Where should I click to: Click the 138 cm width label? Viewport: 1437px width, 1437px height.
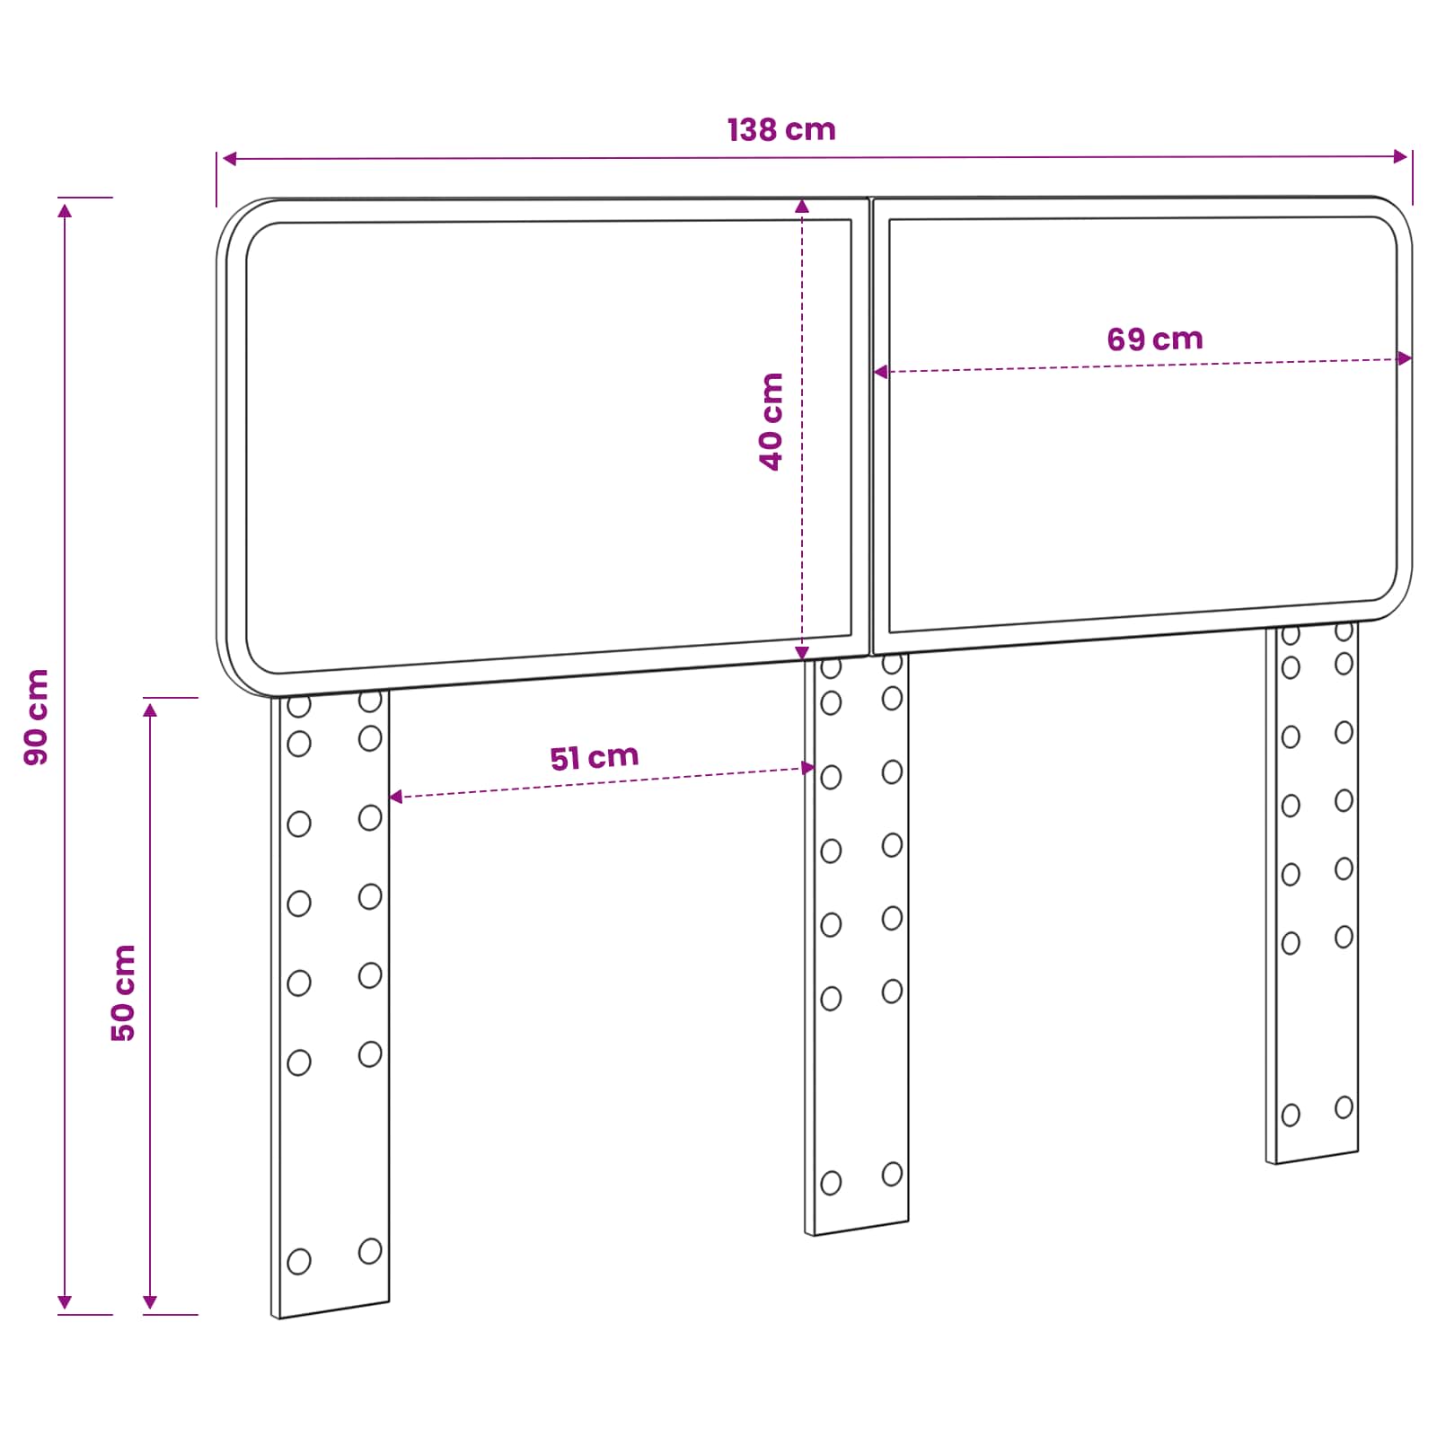781,129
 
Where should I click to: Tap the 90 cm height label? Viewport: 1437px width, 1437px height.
37,717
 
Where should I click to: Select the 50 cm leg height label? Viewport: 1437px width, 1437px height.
123,992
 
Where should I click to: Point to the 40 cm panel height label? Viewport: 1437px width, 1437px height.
771,421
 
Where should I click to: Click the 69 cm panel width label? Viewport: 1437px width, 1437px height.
1155,339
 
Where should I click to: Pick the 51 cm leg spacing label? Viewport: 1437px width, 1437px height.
595,757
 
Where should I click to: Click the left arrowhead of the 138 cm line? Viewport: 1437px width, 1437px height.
230,159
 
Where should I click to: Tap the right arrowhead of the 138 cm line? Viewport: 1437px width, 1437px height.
1400,156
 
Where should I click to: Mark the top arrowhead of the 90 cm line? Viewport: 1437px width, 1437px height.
65,210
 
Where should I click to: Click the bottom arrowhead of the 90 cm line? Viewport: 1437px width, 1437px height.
65,1301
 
